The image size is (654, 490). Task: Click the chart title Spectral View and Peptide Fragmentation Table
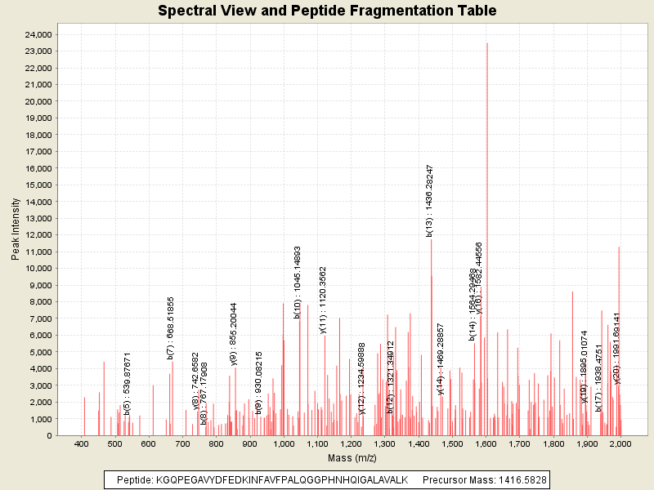point(327,11)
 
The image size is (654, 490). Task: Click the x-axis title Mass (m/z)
point(352,457)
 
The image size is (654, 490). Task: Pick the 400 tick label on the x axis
point(82,443)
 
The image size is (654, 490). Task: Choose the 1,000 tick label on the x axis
point(284,443)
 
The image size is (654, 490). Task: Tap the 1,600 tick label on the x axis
point(486,443)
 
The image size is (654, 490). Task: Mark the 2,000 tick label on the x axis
point(621,443)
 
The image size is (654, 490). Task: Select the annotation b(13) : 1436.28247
point(429,200)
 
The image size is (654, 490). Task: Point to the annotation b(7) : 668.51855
point(170,327)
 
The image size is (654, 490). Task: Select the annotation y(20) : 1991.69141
point(617,347)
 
